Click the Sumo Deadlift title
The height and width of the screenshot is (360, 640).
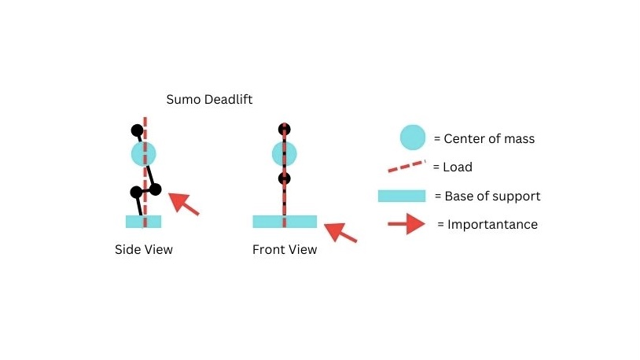(209, 100)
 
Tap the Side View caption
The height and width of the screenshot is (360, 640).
(144, 249)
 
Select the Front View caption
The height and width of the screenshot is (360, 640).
(285, 249)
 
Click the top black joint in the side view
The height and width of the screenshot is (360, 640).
(137, 130)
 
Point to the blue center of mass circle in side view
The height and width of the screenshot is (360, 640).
(143, 154)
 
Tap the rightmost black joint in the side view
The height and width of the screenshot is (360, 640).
(155, 189)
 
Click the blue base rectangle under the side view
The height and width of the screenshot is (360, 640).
(143, 222)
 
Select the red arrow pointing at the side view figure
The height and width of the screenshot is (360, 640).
(184, 204)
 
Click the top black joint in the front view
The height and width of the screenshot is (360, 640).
(284, 130)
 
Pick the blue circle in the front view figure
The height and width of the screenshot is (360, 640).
(284, 154)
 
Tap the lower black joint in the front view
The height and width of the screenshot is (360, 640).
(284, 178)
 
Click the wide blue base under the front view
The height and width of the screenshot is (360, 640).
(285, 222)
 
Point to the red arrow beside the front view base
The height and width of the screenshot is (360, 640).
(340, 232)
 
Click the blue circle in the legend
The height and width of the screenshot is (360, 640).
(413, 138)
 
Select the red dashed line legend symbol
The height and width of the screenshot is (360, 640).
(406, 166)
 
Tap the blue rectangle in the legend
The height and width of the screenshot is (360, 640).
(402, 196)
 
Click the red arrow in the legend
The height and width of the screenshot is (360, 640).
(406, 224)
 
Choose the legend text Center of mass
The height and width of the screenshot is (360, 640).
(489, 139)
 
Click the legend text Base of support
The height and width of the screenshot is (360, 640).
(492, 197)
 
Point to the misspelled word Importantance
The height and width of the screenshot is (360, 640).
(492, 225)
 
